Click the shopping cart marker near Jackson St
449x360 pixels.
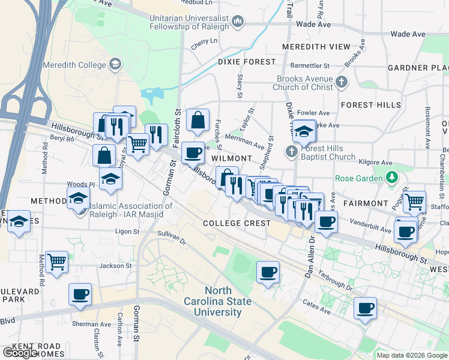pyautogui.click(x=56, y=261)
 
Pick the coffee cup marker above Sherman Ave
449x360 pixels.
pyautogui.click(x=80, y=294)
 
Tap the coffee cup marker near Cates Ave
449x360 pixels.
pyautogui.click(x=365, y=308)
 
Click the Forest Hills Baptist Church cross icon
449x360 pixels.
pyautogui.click(x=292, y=151)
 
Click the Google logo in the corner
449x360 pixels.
pyautogui.click(x=20, y=353)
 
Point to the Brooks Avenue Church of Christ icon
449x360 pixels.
pyautogui.click(x=341, y=82)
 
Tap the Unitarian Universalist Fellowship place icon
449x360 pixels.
pyautogui.click(x=238, y=23)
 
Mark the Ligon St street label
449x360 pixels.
pyautogui.click(x=127, y=231)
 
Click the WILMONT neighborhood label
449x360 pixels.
pyautogui.click(x=231, y=158)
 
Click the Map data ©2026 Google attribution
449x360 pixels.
pyautogui.click(x=412, y=355)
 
